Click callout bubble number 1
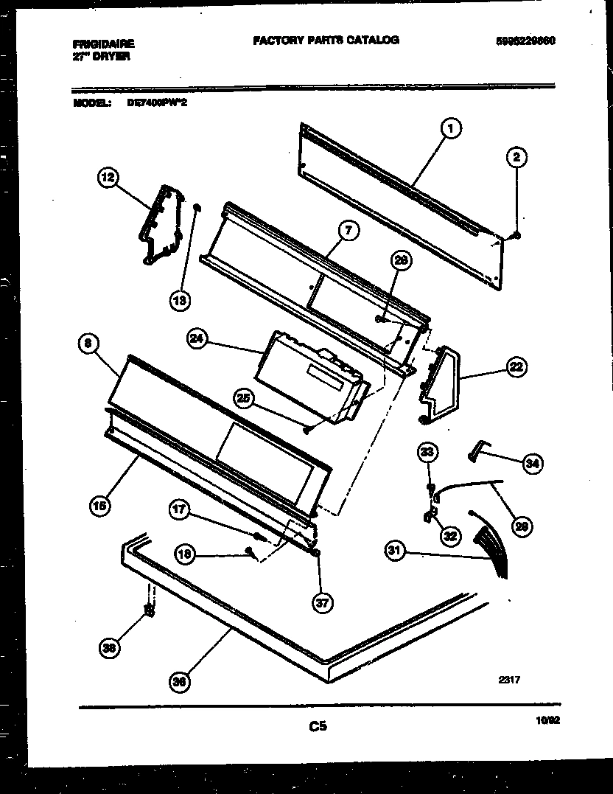[x=451, y=128]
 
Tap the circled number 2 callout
[x=517, y=156]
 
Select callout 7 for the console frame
[x=348, y=231]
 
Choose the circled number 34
[x=531, y=463]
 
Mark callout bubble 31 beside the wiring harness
[x=396, y=551]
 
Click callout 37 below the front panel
[x=322, y=604]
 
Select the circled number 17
[x=179, y=509]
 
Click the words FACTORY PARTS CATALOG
[x=326, y=40]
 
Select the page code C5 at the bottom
[x=318, y=727]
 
